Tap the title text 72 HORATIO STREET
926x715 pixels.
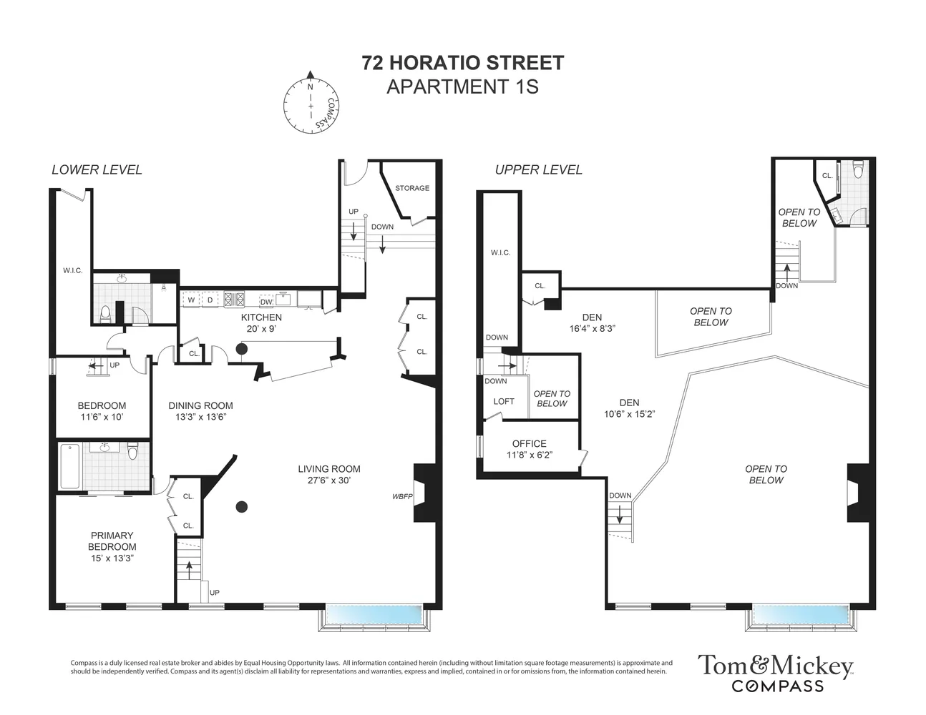tap(462, 63)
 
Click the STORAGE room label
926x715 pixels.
tap(412, 188)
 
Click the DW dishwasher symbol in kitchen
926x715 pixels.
tap(266, 301)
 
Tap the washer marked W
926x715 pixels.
tap(191, 300)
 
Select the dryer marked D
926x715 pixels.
tap(210, 300)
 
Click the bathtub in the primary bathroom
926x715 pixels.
tap(69, 466)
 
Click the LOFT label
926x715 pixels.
tap(503, 401)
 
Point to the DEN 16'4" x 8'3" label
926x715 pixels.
tap(592, 323)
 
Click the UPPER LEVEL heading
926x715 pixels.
tap(538, 169)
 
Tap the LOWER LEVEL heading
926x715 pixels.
tap(97, 169)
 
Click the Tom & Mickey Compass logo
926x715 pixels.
tap(776, 672)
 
